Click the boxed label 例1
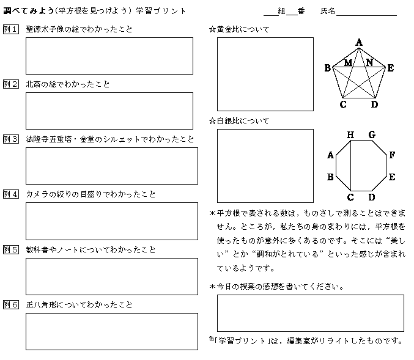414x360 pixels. point(11,29)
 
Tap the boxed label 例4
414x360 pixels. point(11,194)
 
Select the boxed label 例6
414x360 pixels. point(11,305)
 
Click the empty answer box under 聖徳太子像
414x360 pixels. point(109,56)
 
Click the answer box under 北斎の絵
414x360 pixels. point(109,111)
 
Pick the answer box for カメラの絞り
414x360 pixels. point(111,221)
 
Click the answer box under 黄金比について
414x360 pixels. point(265,74)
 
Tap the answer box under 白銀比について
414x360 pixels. point(265,166)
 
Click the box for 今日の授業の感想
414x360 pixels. point(310,313)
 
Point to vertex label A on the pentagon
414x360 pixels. point(360,42)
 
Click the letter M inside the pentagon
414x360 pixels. point(348,62)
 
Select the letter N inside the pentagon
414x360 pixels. point(369,62)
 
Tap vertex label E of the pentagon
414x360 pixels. point(390,68)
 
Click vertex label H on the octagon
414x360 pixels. point(350,134)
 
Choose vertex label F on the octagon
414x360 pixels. point(391,155)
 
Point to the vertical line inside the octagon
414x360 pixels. point(350,166)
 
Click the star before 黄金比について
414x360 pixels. point(212,29)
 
